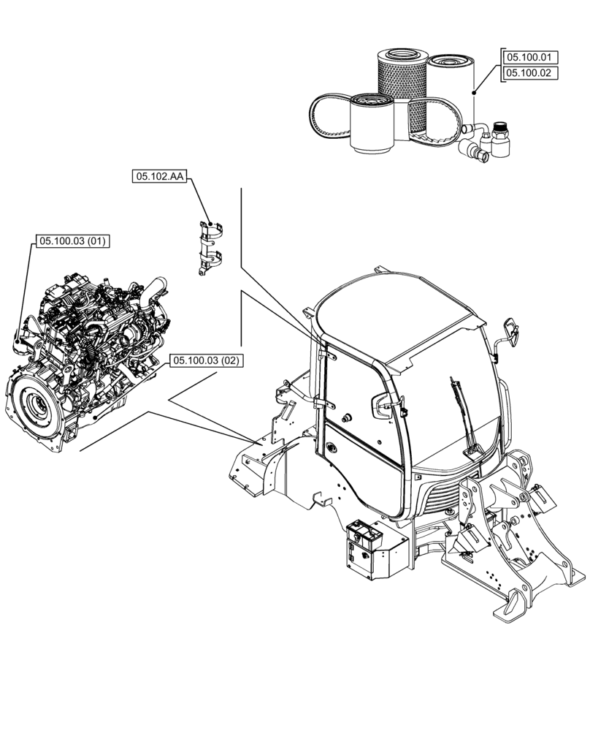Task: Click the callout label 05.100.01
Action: [x=530, y=56]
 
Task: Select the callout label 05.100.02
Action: [x=530, y=73]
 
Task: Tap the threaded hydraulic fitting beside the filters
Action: [x=500, y=138]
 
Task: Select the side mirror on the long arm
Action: [x=511, y=332]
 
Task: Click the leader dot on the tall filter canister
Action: [x=474, y=93]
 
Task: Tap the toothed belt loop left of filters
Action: [x=321, y=117]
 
